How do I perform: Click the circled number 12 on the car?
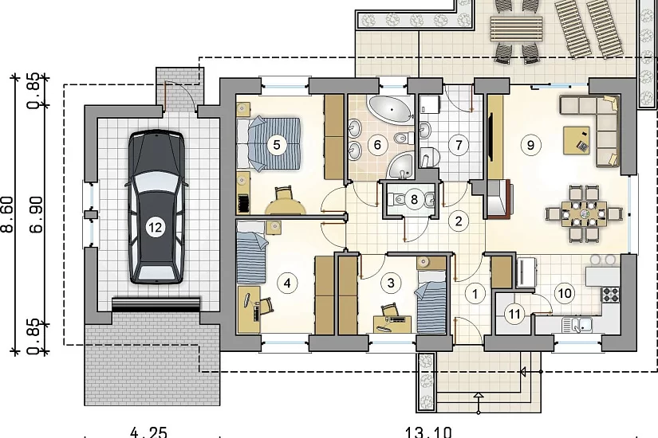click(155, 227)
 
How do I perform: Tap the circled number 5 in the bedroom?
click(276, 145)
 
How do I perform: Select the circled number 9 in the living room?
click(530, 145)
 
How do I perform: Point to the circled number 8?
click(414, 199)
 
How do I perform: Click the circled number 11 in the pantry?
click(514, 314)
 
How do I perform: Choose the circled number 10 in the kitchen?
click(565, 293)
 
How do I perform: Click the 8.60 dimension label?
click(10, 213)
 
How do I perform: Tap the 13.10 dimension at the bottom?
click(428, 432)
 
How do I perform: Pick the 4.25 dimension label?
click(148, 432)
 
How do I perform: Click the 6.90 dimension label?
click(36, 213)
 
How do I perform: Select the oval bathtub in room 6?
click(391, 109)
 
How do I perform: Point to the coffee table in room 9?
click(577, 140)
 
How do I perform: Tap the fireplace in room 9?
click(500, 198)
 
